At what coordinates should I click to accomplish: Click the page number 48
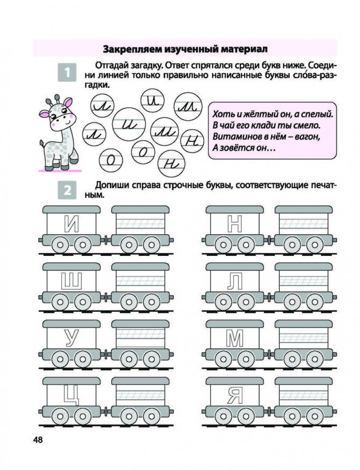pos(38,440)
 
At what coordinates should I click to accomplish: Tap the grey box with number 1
pos(67,73)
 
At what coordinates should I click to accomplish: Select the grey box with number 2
pos(67,191)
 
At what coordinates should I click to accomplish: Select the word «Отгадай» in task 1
pos(111,64)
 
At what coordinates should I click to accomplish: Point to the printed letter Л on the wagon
pos(234,282)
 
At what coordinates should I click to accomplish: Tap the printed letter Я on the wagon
pos(234,396)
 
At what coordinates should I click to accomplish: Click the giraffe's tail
pos(43,145)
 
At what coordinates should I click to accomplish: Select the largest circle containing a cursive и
pos(129,125)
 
